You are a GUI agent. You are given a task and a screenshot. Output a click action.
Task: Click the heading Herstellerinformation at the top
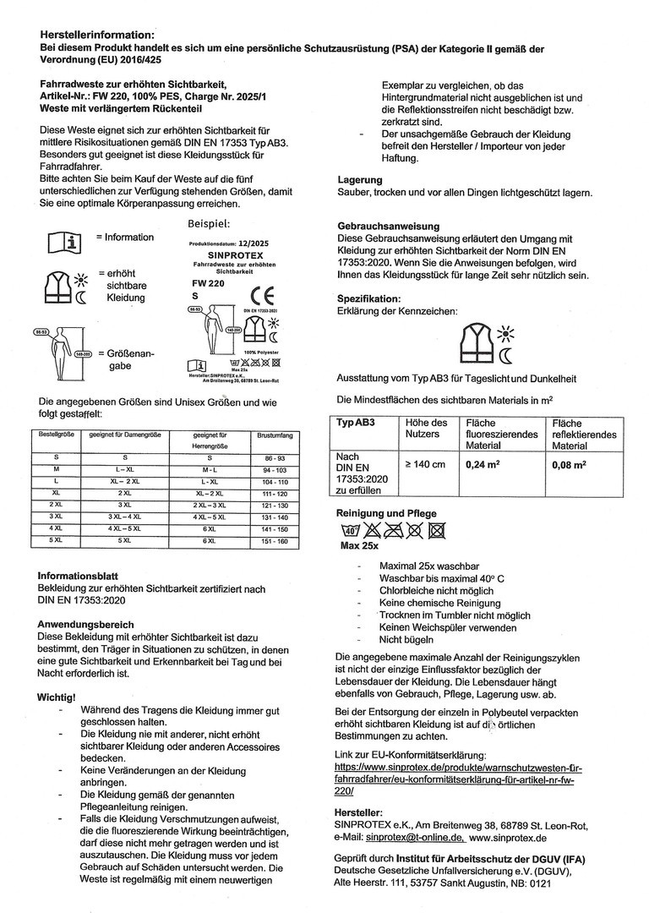[x=97, y=34]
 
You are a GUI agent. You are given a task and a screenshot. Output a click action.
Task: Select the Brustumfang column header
[x=275, y=435]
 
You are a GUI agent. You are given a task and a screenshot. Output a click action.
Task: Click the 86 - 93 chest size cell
[x=275, y=456]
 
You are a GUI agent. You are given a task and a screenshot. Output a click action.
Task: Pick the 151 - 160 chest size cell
[x=275, y=539]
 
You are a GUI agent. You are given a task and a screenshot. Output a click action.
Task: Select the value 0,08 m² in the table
[x=570, y=464]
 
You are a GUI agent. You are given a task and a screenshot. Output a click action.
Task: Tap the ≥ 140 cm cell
[x=423, y=464]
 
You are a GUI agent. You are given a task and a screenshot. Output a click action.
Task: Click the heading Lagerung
[x=360, y=180]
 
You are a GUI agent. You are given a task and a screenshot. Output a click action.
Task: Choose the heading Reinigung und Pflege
[x=386, y=513]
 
